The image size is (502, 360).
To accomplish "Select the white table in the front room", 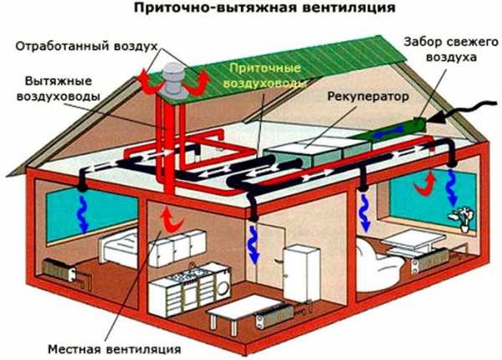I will click(233, 313).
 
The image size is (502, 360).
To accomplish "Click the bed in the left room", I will click(117, 248).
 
